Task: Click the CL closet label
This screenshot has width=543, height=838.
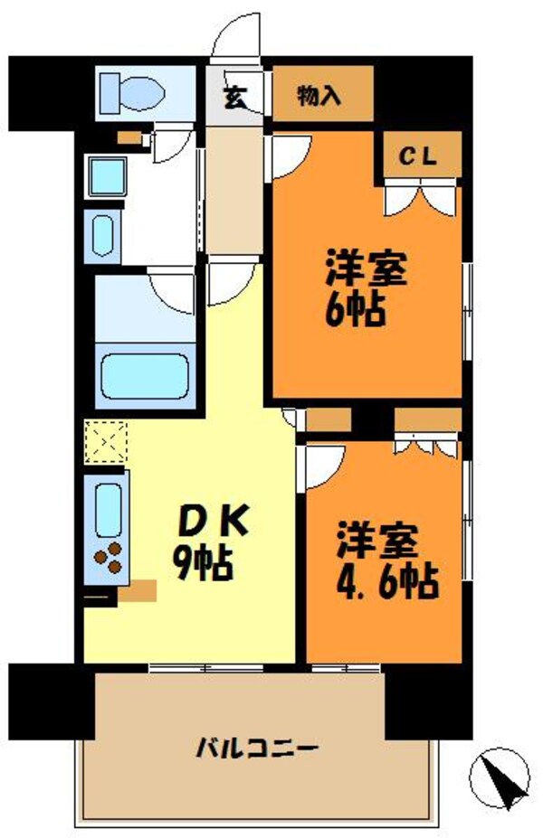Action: pos(419,155)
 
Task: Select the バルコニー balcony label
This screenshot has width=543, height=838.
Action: pos(256,749)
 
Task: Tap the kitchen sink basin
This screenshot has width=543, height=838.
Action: pos(108,509)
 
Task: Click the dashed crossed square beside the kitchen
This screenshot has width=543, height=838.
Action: pos(106,442)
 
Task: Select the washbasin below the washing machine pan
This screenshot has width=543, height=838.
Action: pos(101,233)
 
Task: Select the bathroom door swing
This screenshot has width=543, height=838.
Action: pos(173,291)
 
